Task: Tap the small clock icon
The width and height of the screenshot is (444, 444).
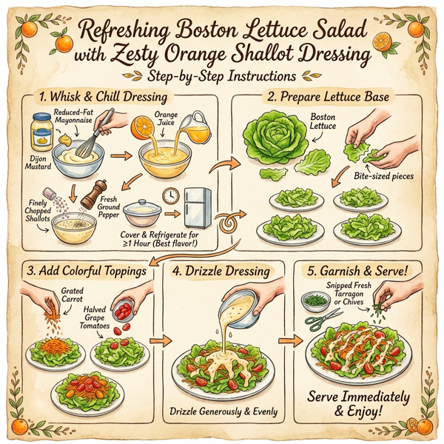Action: pyautogui.click(x=172, y=197)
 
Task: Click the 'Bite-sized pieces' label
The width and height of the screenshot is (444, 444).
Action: pyautogui.click(x=383, y=176)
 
